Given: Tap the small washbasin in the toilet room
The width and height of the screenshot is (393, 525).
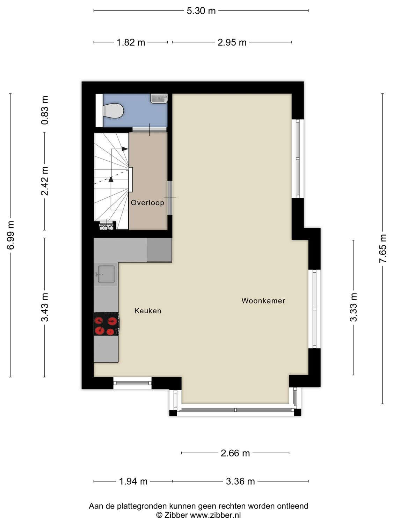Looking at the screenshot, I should click(x=159, y=98).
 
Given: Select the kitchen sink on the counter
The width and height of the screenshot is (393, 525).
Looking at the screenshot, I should click(x=106, y=274).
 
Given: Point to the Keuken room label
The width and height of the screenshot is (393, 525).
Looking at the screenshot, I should click(x=148, y=311).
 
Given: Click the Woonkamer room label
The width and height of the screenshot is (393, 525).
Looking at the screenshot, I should click(x=263, y=301).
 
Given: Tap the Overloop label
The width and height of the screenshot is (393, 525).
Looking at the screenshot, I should click(x=147, y=203).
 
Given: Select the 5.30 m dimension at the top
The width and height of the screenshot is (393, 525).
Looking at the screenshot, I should click(x=201, y=11).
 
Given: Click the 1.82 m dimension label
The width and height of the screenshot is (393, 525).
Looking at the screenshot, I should click(x=131, y=43).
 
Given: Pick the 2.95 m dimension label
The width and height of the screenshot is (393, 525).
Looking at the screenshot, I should click(x=232, y=43).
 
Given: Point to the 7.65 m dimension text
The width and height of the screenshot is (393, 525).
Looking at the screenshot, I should click(x=383, y=248).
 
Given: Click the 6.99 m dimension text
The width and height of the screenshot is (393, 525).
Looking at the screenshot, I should click(x=11, y=235).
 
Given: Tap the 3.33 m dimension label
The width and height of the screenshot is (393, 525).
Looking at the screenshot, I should click(x=354, y=307).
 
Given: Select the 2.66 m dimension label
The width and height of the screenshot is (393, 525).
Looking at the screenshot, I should click(x=235, y=453).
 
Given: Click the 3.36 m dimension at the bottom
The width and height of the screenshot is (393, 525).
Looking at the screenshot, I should click(x=240, y=482).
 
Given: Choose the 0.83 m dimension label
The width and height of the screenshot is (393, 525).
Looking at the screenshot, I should click(x=45, y=110).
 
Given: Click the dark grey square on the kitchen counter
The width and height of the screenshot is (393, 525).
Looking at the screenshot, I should click(x=159, y=250).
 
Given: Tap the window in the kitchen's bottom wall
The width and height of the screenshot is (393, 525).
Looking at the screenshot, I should click(x=132, y=383).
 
